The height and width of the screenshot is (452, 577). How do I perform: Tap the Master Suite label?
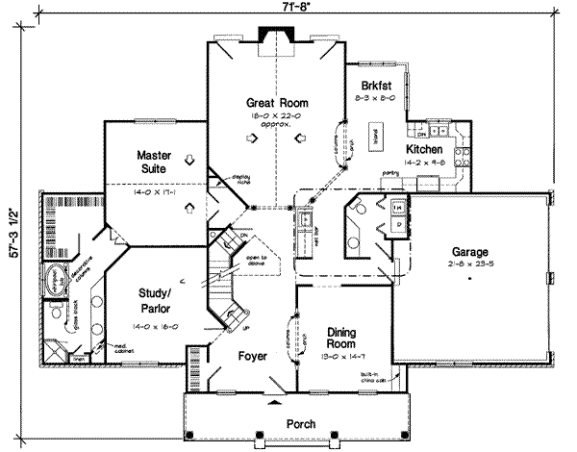(153, 162)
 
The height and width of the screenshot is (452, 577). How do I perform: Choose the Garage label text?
(467, 252)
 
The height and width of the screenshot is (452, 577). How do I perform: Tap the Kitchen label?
(424, 150)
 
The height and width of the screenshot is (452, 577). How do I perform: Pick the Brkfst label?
(376, 84)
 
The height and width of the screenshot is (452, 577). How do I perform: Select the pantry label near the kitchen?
(389, 172)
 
